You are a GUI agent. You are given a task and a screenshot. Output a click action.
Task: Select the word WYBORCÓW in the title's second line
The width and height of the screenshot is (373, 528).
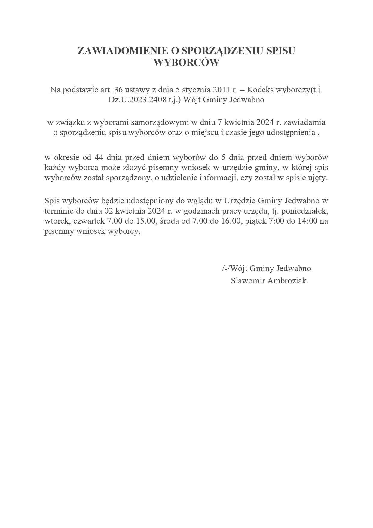(x=186, y=63)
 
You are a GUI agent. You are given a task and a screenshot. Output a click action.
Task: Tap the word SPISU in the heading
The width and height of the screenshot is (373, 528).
(x=281, y=51)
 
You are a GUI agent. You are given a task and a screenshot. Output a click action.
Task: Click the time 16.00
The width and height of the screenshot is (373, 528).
(x=233, y=221)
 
